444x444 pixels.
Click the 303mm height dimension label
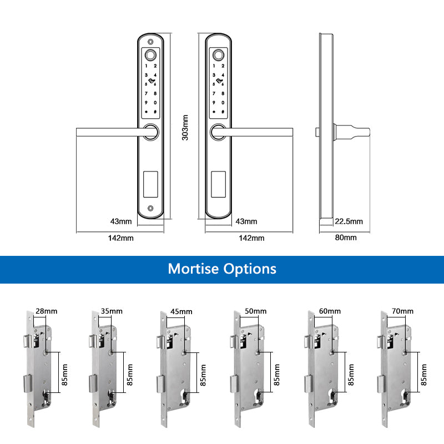(x=186, y=128)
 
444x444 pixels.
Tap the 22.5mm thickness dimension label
(x=349, y=221)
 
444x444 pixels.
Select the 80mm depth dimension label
(x=346, y=238)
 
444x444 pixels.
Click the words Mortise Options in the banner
(x=222, y=269)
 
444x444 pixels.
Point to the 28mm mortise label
(x=46, y=311)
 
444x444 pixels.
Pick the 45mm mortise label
(x=181, y=311)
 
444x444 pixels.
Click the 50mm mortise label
(x=256, y=311)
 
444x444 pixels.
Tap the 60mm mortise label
(x=330, y=311)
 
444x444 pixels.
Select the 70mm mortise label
(x=403, y=311)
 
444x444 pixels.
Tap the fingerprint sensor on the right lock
(x=219, y=56)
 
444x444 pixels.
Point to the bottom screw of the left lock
(x=151, y=209)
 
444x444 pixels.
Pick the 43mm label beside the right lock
(x=247, y=221)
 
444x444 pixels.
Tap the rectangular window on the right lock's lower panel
(x=219, y=184)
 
